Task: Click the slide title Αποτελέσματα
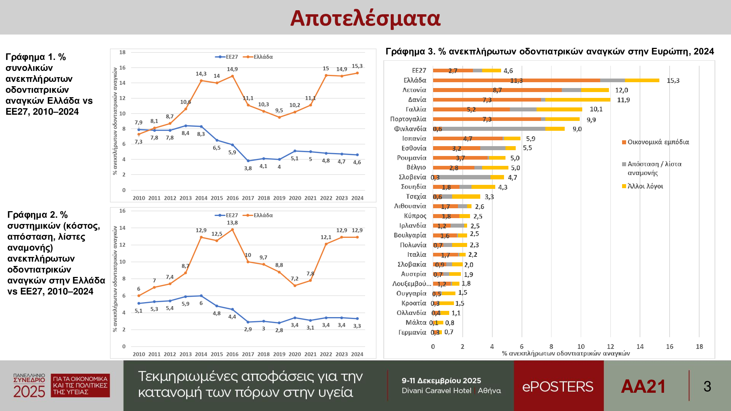coord(365,18)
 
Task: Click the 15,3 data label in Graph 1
coord(357,66)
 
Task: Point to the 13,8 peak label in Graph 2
coord(232,222)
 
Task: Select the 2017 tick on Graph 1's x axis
coord(248,198)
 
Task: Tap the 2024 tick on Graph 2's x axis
coord(357,354)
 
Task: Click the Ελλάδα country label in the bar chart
coord(415,80)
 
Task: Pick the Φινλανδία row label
coord(410,129)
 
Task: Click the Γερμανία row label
coord(412,332)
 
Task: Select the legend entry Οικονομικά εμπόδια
coord(658,142)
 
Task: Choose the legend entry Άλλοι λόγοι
coord(645,186)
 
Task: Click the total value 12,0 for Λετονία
coord(621,90)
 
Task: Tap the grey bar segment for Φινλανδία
coord(493,129)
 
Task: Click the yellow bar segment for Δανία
coord(577,100)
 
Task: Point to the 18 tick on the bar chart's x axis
coord(699,346)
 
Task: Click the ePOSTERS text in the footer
coord(558,387)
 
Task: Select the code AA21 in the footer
coord(643,387)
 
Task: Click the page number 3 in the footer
coord(707,387)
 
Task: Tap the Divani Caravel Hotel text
coord(436,391)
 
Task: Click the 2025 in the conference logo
coord(29,392)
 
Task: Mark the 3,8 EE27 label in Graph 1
coord(248,168)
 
